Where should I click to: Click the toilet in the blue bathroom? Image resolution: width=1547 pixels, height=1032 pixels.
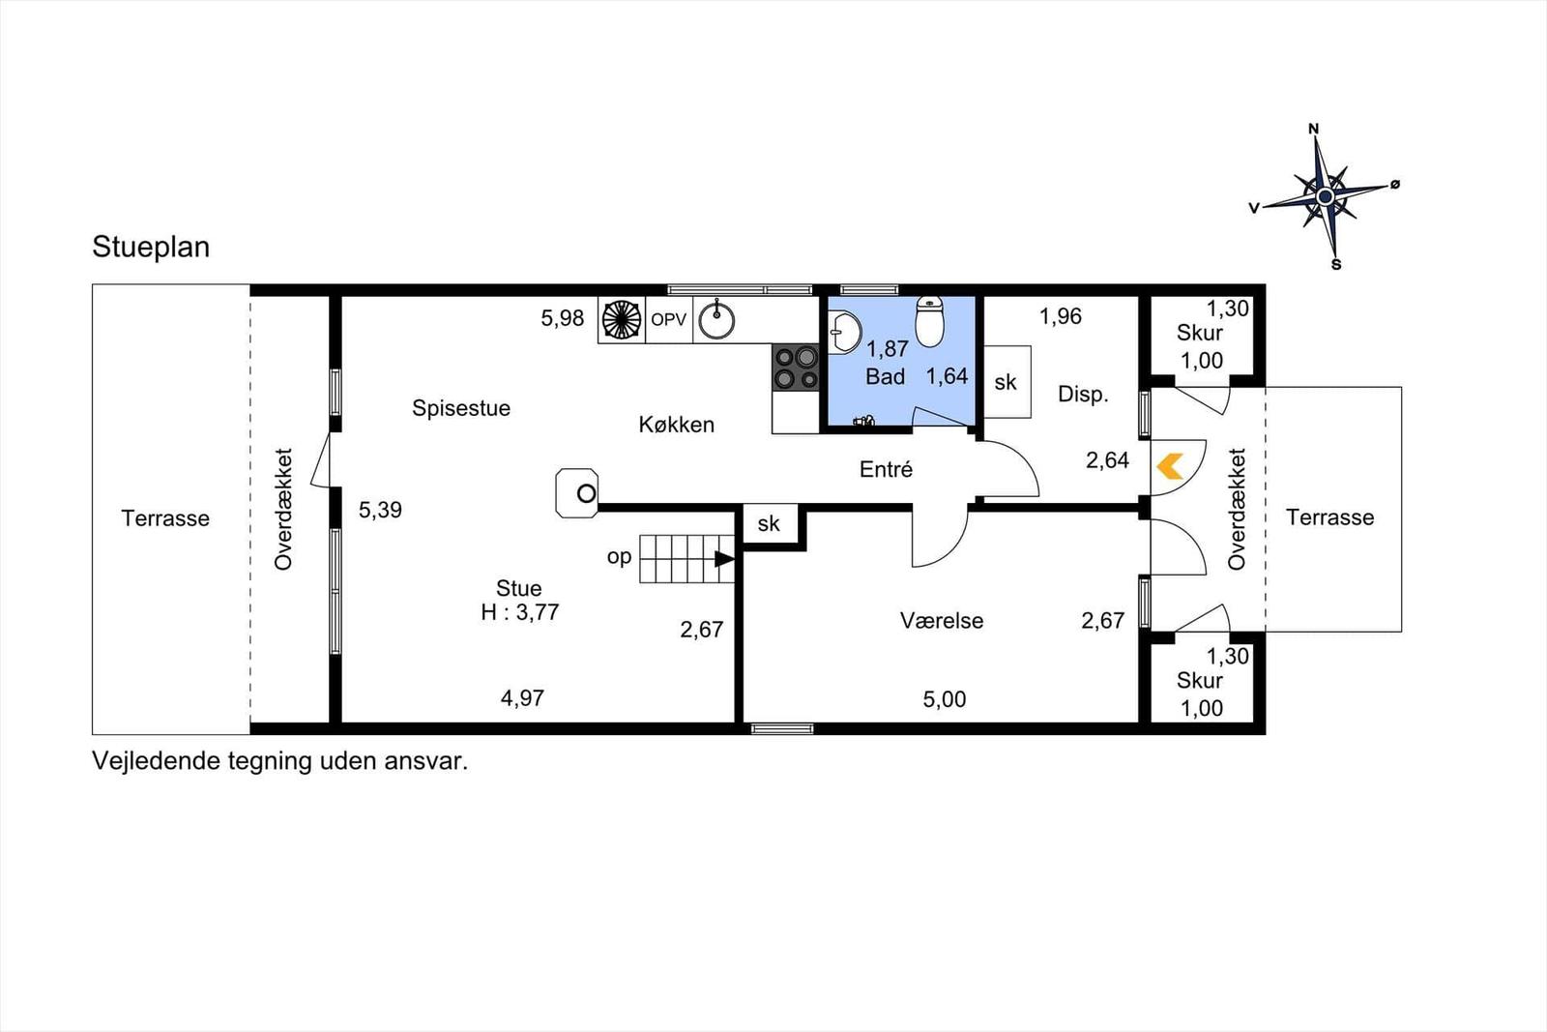pyautogui.click(x=929, y=322)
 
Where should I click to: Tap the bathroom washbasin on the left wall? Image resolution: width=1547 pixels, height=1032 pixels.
pyautogui.click(x=844, y=333)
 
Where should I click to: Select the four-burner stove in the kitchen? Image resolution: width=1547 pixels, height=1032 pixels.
pyautogui.click(x=796, y=369)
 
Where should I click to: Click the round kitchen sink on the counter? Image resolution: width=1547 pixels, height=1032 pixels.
pyautogui.click(x=716, y=320)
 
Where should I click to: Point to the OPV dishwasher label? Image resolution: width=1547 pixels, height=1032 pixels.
pyautogui.click(x=668, y=320)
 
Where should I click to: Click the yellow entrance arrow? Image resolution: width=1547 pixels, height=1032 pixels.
pyautogui.click(x=1170, y=466)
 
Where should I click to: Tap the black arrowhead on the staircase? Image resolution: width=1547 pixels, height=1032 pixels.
pyautogui.click(x=724, y=559)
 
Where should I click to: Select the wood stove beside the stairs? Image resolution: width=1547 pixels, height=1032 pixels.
pyautogui.click(x=577, y=493)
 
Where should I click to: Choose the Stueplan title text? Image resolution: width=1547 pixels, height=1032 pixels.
pyautogui.click(x=151, y=248)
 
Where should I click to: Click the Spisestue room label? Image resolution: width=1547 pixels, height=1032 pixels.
pyautogui.click(x=461, y=408)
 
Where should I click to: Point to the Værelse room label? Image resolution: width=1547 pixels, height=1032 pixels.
pyautogui.click(x=942, y=620)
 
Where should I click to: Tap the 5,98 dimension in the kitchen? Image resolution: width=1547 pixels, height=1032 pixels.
pyautogui.click(x=562, y=318)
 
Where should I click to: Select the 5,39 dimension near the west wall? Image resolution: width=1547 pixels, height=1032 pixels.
pyautogui.click(x=380, y=510)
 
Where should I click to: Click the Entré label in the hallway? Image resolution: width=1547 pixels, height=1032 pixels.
pyautogui.click(x=886, y=470)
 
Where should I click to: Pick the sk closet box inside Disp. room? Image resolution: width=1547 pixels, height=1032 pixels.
pyautogui.click(x=1007, y=382)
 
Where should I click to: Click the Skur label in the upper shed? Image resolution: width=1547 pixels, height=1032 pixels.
pyautogui.click(x=1200, y=333)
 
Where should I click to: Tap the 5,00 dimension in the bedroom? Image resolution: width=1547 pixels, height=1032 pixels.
pyautogui.click(x=944, y=699)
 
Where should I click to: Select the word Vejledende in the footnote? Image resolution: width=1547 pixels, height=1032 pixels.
pyautogui.click(x=144, y=761)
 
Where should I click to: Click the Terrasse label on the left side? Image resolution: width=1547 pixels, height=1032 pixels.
pyautogui.click(x=165, y=518)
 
